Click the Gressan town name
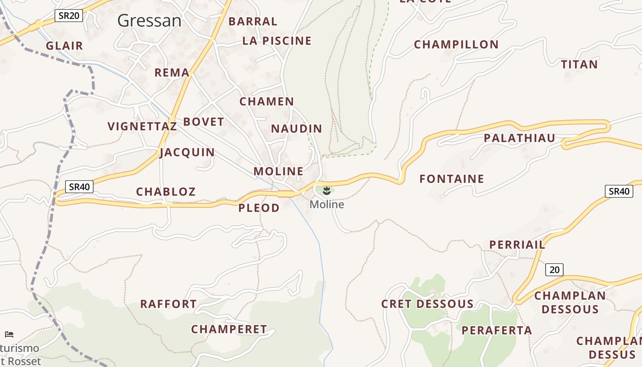[149, 21]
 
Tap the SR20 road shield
[69, 16]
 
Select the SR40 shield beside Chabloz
[79, 187]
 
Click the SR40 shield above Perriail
[619, 191]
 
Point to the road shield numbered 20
[554, 269]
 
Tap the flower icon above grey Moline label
[327, 190]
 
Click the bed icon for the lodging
[9, 334]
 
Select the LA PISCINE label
[277, 41]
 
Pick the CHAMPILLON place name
[456, 44]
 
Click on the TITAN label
[580, 64]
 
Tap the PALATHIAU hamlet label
[519, 138]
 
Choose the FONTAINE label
[452, 179]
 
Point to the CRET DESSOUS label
[427, 304]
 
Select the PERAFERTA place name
[497, 330]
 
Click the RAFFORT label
[168, 304]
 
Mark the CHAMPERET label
[229, 329]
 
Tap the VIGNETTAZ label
[142, 126]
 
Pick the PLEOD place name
[259, 208]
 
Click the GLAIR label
[64, 46]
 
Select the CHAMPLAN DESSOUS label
[570, 302]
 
